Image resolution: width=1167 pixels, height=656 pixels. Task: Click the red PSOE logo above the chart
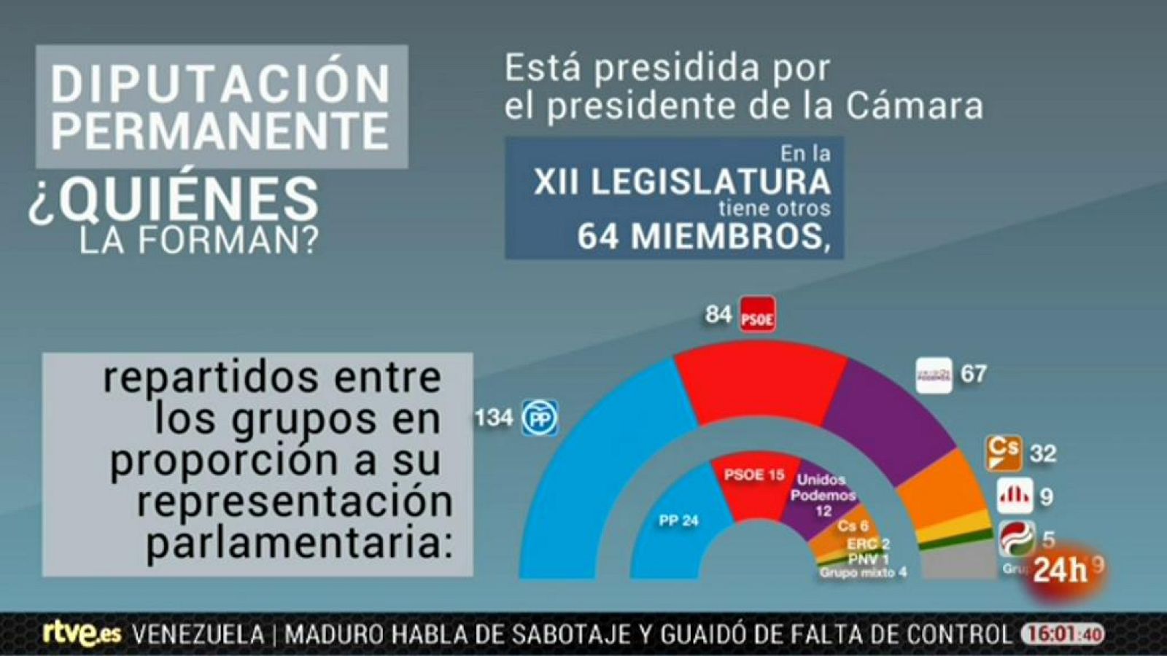(x=757, y=315)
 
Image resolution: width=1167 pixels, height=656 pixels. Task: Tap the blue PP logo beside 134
(x=540, y=418)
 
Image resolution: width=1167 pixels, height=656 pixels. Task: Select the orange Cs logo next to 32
(x=1004, y=453)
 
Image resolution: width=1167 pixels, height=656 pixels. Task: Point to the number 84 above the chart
(x=718, y=315)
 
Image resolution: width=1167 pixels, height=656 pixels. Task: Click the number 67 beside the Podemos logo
(x=973, y=374)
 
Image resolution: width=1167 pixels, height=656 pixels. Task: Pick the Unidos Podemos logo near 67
(x=934, y=375)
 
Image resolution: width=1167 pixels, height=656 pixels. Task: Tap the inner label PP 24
(x=678, y=520)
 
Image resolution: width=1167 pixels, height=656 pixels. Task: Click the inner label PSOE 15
(x=754, y=475)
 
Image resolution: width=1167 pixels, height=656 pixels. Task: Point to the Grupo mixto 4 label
(x=863, y=573)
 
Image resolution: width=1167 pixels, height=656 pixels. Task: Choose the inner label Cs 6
(x=853, y=526)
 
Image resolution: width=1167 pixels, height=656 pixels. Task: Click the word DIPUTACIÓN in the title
(x=221, y=84)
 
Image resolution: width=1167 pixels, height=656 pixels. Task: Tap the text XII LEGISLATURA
(x=682, y=181)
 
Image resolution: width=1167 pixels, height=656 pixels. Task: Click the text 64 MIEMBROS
(x=704, y=236)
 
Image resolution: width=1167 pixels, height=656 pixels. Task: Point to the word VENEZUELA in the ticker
(x=198, y=634)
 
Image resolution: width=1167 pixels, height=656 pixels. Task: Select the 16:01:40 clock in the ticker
(x=1062, y=634)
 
